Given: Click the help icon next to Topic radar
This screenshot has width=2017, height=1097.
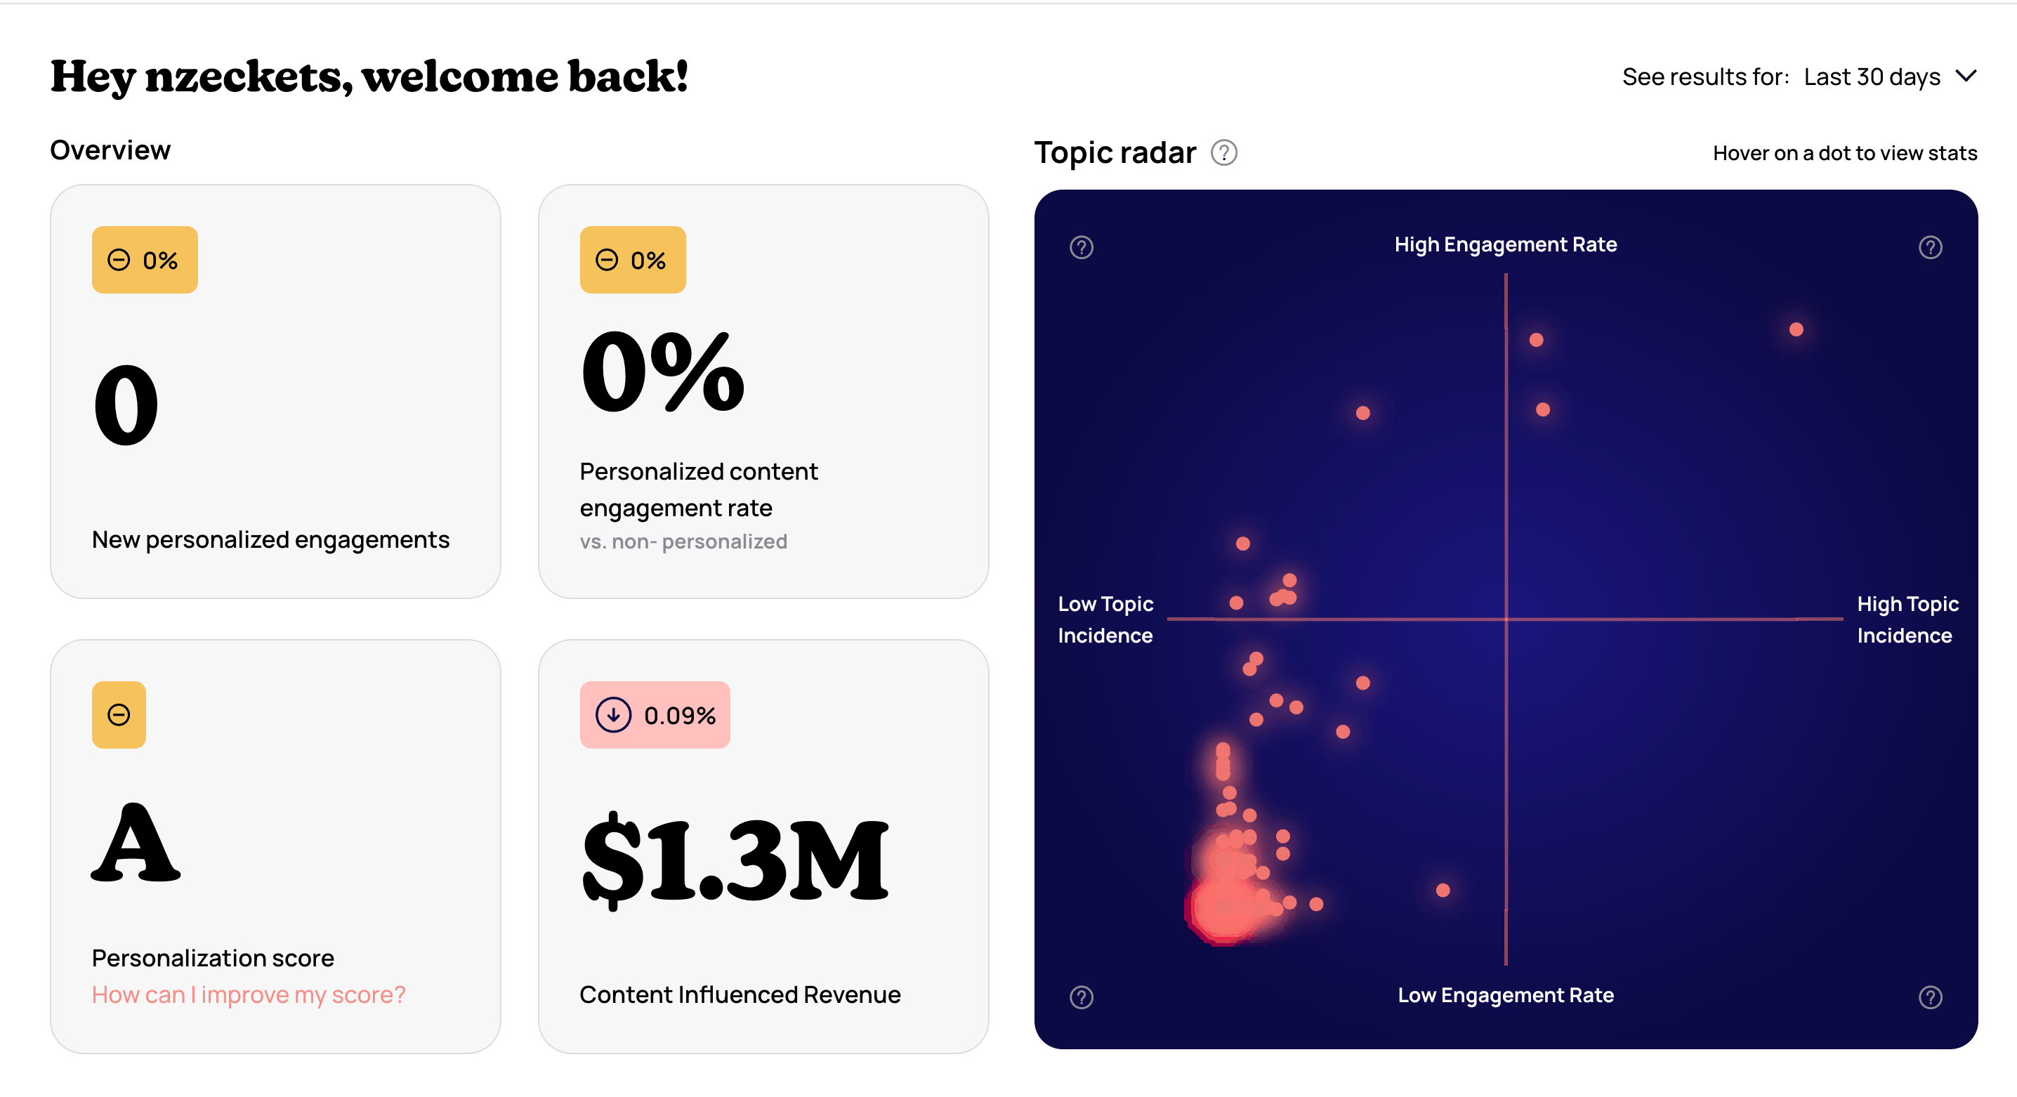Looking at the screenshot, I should (1224, 152).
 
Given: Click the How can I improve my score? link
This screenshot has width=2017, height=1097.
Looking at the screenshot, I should (248, 994).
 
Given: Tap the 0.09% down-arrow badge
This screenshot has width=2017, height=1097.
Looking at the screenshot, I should (655, 715).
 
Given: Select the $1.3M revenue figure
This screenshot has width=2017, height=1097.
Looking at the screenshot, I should (735, 860).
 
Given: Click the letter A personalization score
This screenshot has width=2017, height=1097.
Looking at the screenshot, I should (136, 843).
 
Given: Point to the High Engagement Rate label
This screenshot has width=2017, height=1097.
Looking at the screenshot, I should (1505, 244).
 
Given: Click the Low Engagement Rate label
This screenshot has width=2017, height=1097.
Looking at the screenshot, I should (1505, 995).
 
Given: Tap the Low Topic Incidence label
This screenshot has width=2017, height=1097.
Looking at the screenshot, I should (1105, 619).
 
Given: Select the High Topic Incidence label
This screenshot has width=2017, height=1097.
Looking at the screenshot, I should (1907, 619).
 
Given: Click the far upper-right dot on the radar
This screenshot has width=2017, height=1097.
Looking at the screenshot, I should (1796, 329).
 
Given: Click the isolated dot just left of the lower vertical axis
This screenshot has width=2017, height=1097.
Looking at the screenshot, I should (1443, 891).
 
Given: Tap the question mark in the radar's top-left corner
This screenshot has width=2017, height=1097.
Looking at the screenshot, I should (1082, 247).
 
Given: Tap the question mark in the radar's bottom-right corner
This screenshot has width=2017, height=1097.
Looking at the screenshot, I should (1930, 997).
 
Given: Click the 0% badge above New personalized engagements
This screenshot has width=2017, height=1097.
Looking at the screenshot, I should (145, 260).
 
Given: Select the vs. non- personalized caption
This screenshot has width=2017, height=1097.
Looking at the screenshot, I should (683, 542).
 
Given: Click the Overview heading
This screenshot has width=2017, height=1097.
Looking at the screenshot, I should (110, 150).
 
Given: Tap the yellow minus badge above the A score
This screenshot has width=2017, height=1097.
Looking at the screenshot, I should (119, 715).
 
